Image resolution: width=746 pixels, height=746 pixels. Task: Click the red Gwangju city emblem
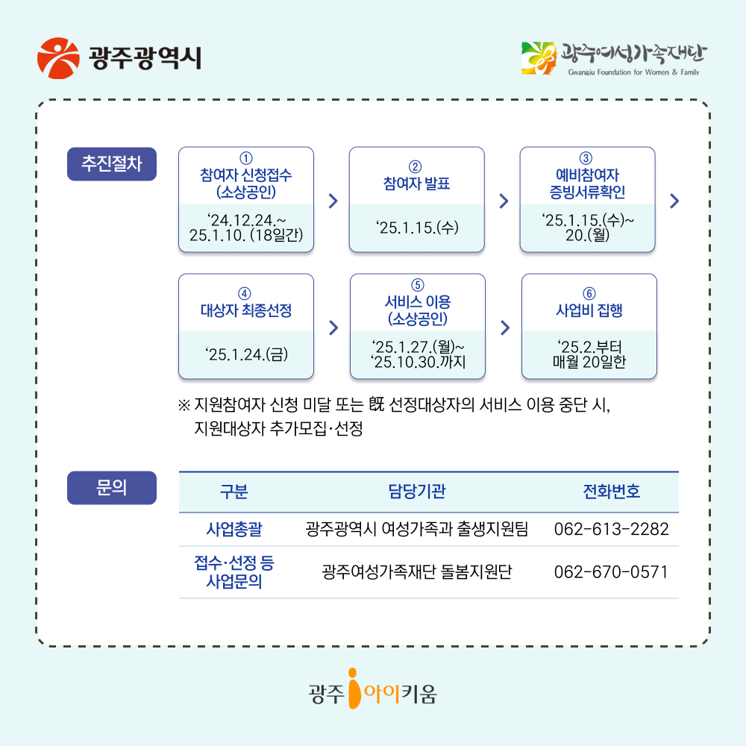click(57, 57)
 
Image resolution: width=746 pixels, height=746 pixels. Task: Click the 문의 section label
click(112, 488)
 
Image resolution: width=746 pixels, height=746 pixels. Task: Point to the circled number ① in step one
click(245, 158)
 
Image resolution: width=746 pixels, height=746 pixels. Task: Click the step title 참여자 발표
click(416, 184)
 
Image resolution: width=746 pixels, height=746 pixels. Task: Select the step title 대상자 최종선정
click(245, 310)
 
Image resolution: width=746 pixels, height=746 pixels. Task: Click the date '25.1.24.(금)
click(245, 353)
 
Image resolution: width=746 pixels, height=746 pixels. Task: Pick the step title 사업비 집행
click(589, 310)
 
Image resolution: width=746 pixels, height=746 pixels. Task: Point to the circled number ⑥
click(589, 292)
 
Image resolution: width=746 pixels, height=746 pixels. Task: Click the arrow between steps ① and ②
click(333, 201)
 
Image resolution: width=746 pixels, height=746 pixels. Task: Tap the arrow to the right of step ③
click(674, 201)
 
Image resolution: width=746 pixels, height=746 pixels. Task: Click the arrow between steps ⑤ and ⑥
click(504, 327)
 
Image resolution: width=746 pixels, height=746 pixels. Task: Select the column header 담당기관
click(416, 492)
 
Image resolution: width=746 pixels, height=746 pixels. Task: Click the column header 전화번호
click(611, 492)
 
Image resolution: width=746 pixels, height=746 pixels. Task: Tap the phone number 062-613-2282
click(611, 530)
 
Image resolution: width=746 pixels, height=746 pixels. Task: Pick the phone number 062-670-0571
click(611, 572)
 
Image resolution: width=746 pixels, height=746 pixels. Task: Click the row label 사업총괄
click(233, 530)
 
